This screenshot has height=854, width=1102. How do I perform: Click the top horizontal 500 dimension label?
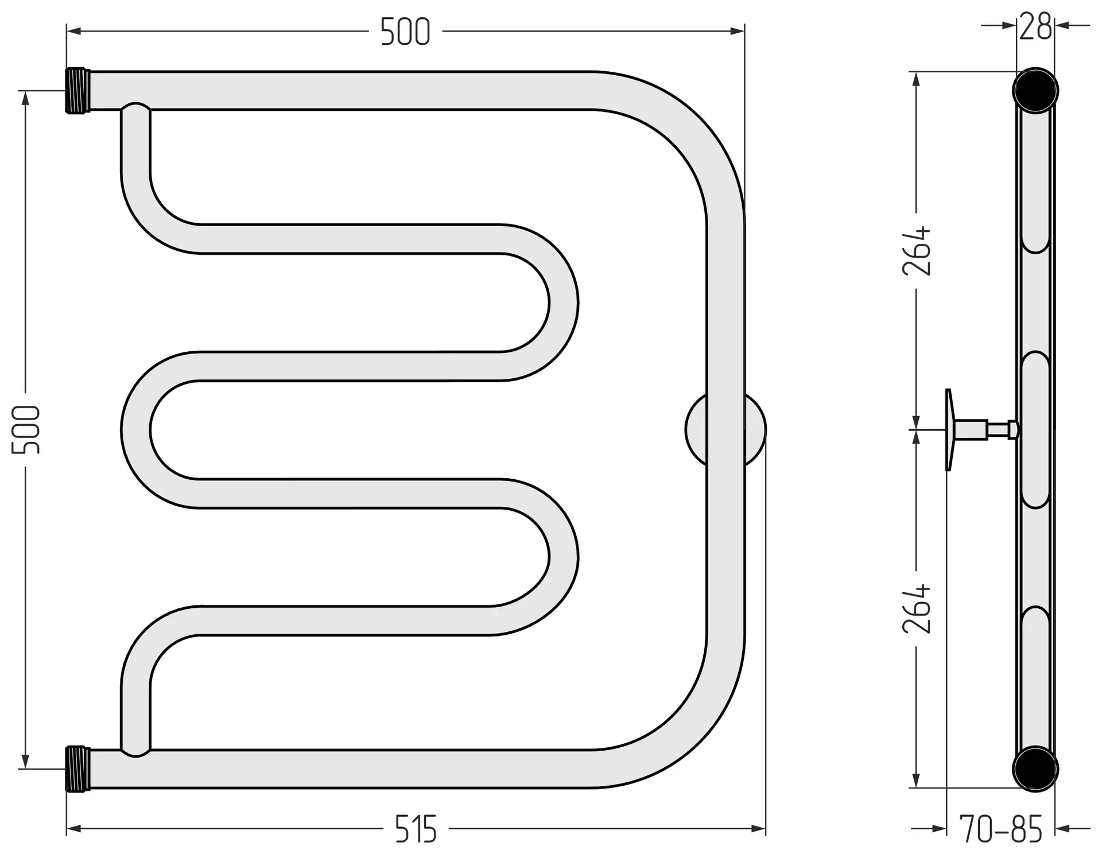click(x=405, y=32)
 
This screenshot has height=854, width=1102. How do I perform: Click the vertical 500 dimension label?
click(x=26, y=429)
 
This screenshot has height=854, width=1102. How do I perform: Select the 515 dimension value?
click(x=416, y=829)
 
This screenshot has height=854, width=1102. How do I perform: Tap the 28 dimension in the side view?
click(x=1035, y=26)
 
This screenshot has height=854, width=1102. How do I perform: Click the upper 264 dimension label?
click(x=917, y=250)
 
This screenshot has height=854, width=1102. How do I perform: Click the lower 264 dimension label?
click(x=917, y=608)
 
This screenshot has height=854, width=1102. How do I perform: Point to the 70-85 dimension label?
click(x=1000, y=829)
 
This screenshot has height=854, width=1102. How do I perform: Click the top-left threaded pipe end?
click(x=78, y=91)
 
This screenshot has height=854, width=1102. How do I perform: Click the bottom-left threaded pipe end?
click(x=78, y=769)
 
